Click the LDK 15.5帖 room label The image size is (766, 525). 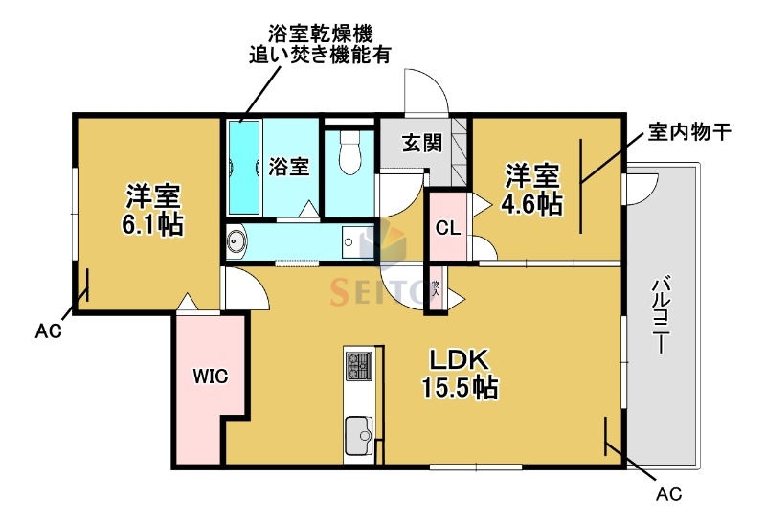[x=461, y=374]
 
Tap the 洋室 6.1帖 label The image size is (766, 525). [x=152, y=209]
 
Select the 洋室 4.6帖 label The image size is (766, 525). [x=532, y=190]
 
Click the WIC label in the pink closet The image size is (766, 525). [x=210, y=376]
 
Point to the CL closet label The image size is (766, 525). [x=447, y=228]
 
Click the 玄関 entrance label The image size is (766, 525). [x=421, y=145]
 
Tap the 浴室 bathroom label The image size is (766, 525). [x=288, y=166]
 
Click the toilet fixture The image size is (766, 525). [x=349, y=152]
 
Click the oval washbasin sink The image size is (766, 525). [x=237, y=240]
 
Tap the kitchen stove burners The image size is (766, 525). [x=359, y=366]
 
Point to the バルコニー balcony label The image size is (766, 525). [x=660, y=317]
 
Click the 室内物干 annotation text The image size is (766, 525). [x=689, y=131]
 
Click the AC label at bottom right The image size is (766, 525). [x=669, y=495]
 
